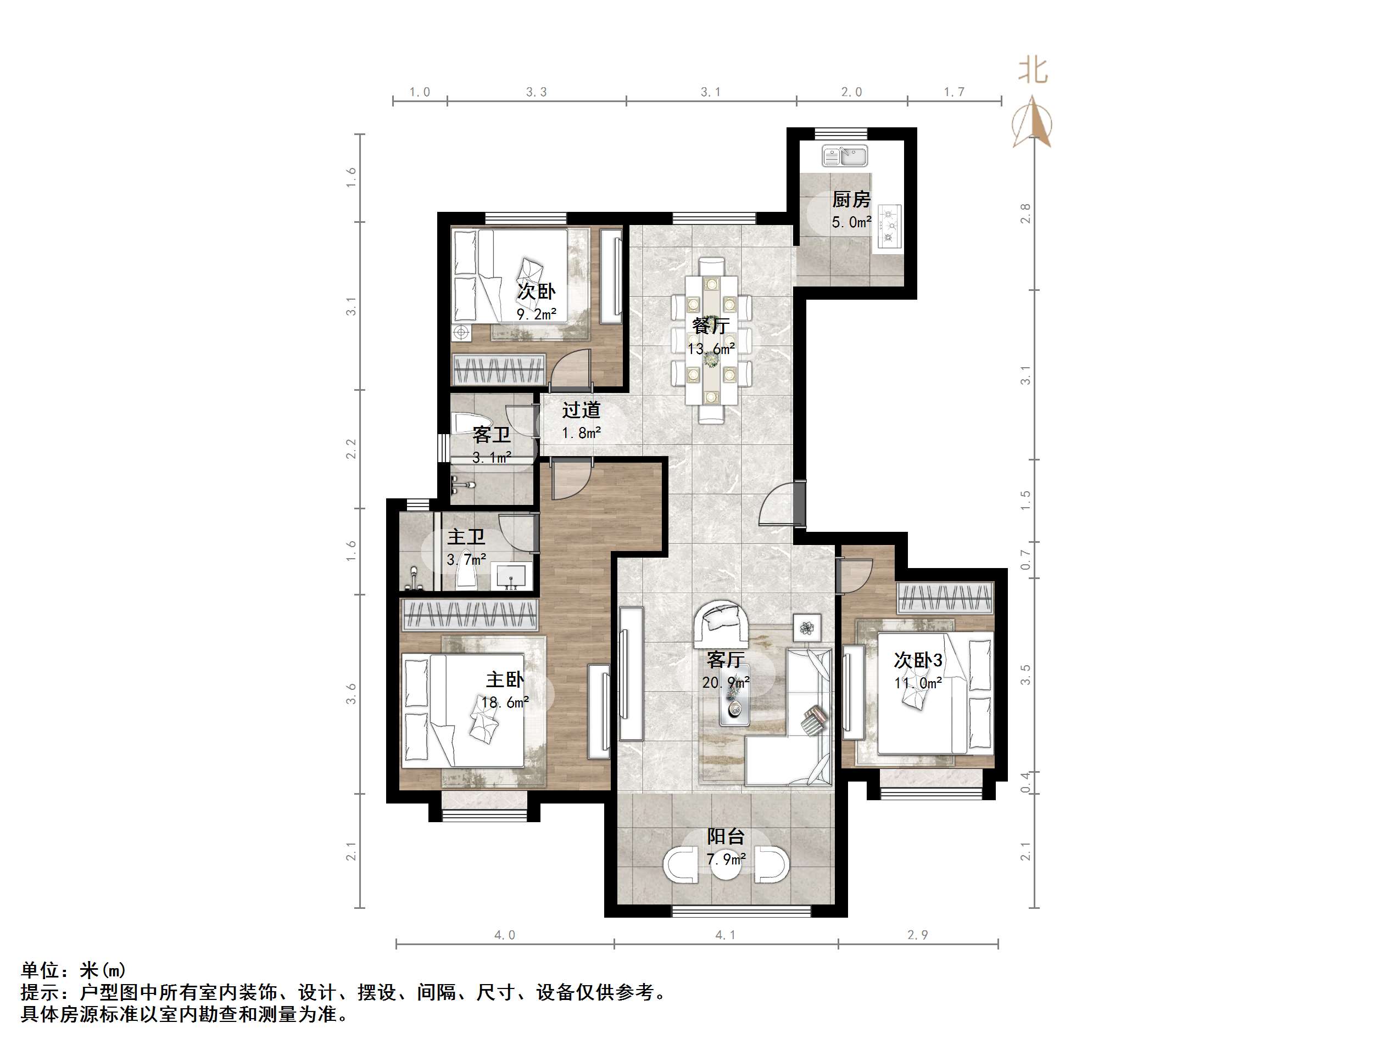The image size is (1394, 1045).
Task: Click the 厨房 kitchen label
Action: click(851, 200)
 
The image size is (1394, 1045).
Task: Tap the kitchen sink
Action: click(844, 155)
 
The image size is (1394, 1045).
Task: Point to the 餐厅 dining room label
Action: click(710, 325)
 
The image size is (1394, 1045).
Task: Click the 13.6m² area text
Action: click(711, 349)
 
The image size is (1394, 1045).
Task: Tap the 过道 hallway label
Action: click(581, 410)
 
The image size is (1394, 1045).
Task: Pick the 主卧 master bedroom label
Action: click(504, 679)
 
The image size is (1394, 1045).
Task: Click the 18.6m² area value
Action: click(504, 703)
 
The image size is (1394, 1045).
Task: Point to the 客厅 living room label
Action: click(726, 660)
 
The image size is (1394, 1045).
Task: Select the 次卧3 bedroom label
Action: click(918, 660)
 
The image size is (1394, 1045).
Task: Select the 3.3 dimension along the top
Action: click(536, 92)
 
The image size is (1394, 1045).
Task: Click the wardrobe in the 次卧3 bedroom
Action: click(945, 598)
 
